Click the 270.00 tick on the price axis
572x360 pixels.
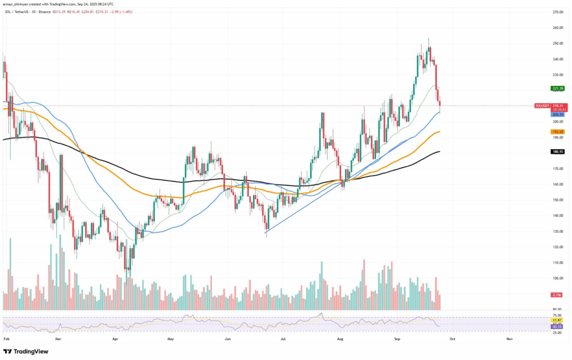[557, 12]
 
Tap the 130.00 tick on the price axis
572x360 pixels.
[557, 231]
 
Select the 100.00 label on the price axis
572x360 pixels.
[557, 278]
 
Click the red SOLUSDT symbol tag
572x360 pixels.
[541, 105]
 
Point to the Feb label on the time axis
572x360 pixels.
[6, 338]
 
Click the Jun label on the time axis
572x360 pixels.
[227, 338]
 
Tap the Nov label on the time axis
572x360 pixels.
[509, 338]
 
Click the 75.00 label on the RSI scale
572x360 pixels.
[557, 315]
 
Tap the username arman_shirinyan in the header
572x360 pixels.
[20, 4]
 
